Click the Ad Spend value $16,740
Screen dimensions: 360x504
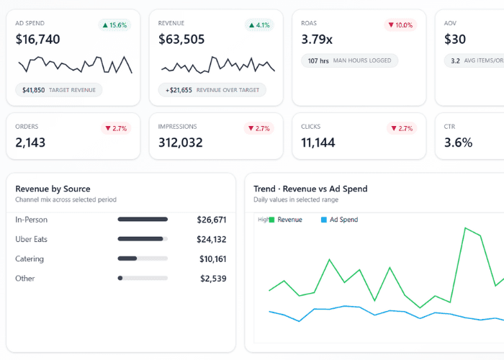pyautogui.click(x=37, y=40)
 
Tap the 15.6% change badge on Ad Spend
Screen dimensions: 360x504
pyautogui.click(x=115, y=25)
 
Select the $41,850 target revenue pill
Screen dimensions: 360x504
pyautogui.click(x=59, y=90)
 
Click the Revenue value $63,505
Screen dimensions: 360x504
pyautogui.click(x=181, y=40)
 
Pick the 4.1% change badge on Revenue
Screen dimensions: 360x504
pyautogui.click(x=258, y=25)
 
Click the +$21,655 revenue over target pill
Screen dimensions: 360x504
pyautogui.click(x=212, y=90)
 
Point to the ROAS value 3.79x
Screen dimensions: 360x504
pyautogui.click(x=317, y=40)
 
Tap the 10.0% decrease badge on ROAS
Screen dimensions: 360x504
pyautogui.click(x=400, y=25)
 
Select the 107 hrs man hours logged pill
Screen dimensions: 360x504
pyautogui.click(x=349, y=60)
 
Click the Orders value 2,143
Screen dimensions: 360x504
pyautogui.click(x=30, y=143)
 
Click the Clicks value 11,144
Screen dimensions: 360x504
pyautogui.click(x=318, y=143)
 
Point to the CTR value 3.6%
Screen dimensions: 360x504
pyautogui.click(x=458, y=143)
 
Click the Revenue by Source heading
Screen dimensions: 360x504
pyautogui.click(x=53, y=189)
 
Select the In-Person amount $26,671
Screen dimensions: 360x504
pyautogui.click(x=212, y=220)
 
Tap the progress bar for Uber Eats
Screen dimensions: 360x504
pyautogui.click(x=143, y=239)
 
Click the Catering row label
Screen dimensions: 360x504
pyautogui.click(x=30, y=258)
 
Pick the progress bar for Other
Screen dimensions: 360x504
pyautogui.click(x=143, y=278)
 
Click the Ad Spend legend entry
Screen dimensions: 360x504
pyautogui.click(x=339, y=220)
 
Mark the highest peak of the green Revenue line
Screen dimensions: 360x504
pyautogui.click(x=465, y=228)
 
